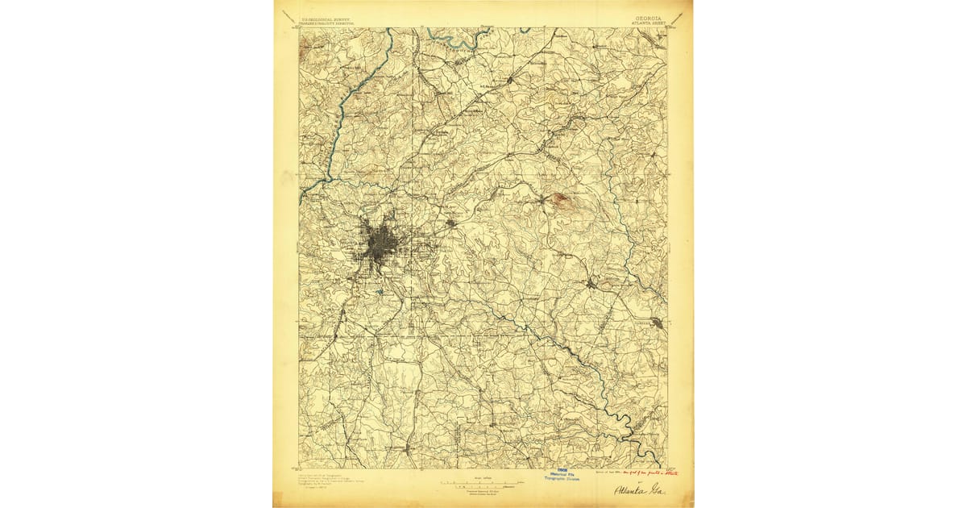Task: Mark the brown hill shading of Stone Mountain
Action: pyautogui.click(x=560, y=199)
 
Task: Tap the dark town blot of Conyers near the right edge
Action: pyautogui.click(x=658, y=324)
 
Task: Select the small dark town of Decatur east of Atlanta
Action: pyautogui.click(x=451, y=223)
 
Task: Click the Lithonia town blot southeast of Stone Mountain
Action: pyautogui.click(x=592, y=283)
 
